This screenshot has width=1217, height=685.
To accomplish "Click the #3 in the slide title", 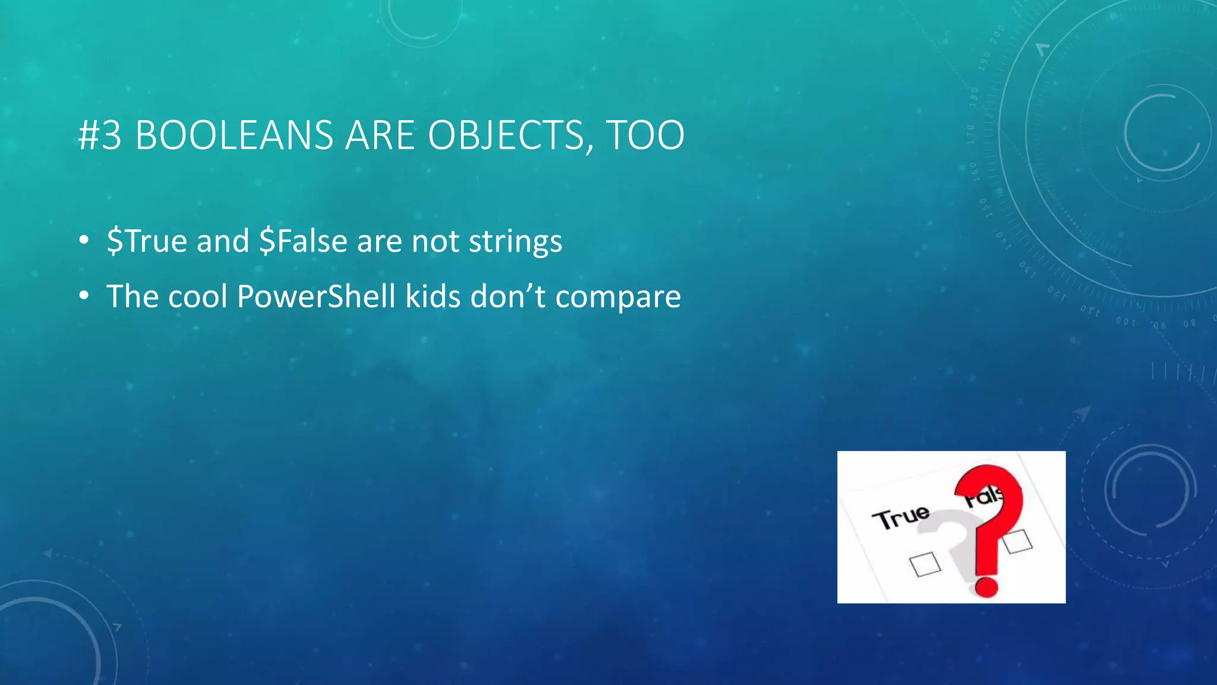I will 100,136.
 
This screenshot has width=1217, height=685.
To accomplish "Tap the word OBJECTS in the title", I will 506,136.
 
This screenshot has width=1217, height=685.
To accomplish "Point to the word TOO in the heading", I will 645,136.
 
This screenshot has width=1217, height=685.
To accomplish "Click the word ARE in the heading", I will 379,136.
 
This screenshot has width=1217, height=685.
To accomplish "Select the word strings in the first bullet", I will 515,242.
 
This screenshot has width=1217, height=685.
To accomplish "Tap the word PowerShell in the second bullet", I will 316,296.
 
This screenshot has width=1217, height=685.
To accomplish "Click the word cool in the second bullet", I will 198,296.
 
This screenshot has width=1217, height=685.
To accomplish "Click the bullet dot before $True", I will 84,241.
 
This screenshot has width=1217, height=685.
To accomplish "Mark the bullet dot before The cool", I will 84,296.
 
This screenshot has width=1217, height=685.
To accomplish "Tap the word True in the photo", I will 900,517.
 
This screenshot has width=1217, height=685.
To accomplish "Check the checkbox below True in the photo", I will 925,564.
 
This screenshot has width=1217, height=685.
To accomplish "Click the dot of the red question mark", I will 986,586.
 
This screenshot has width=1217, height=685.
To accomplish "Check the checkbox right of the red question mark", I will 1017,541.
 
